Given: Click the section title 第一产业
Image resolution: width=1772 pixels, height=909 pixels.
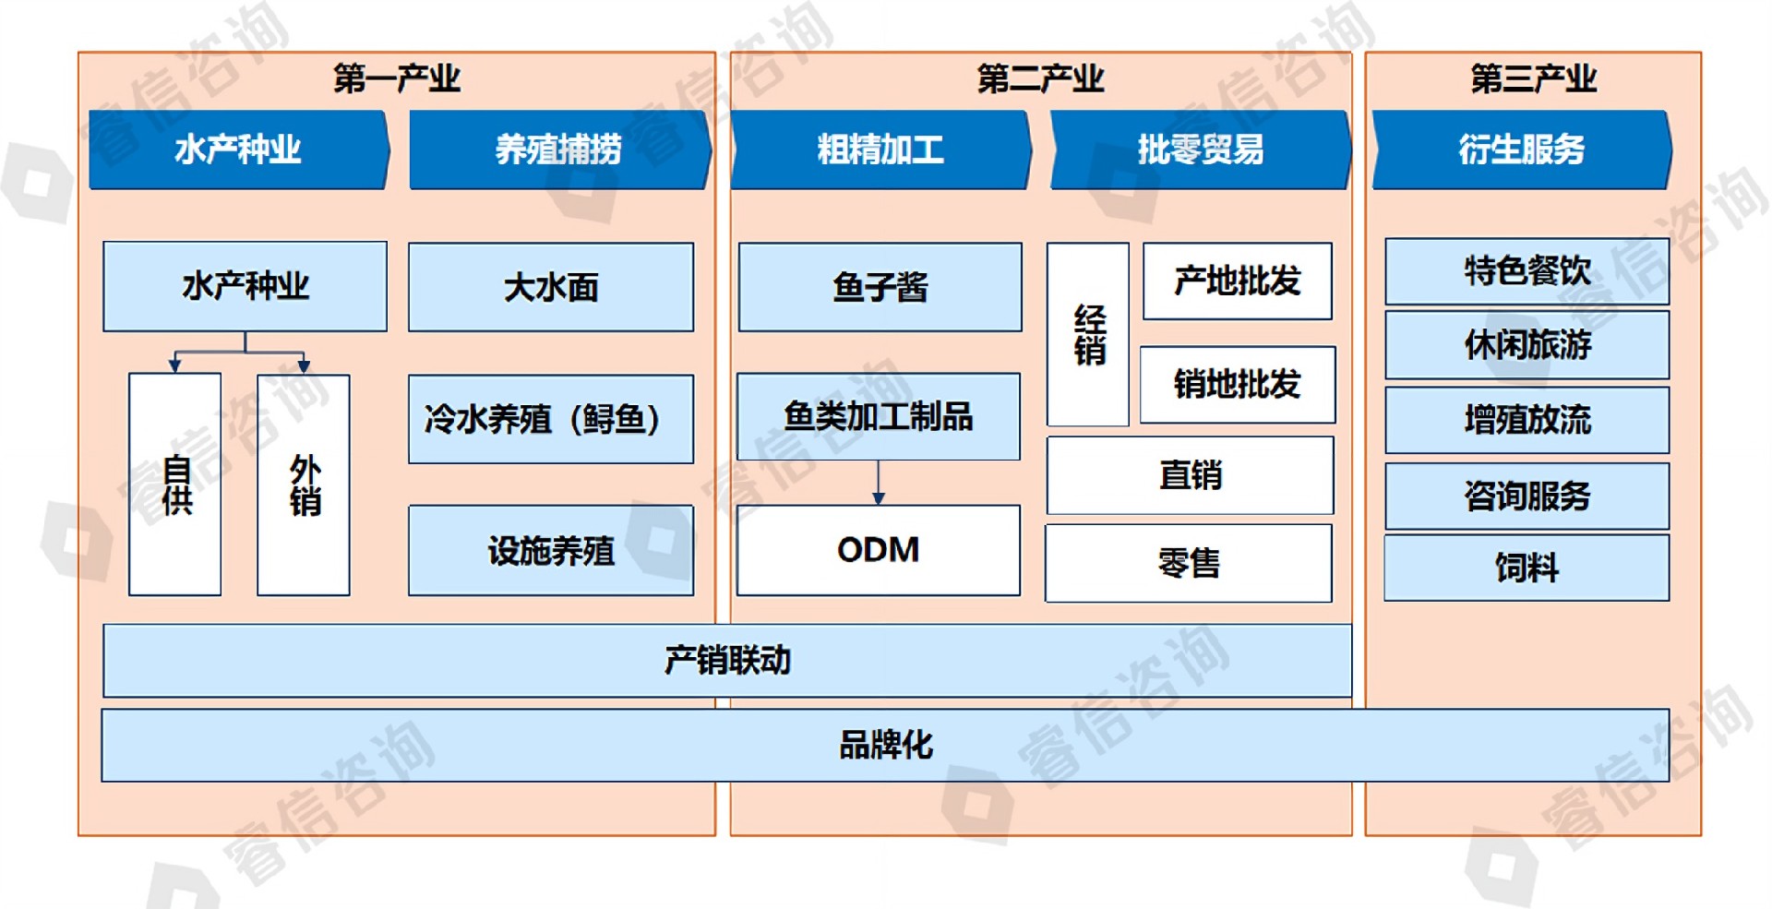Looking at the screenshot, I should pos(397,78).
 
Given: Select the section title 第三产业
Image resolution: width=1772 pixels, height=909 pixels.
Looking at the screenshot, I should pos(1533,78).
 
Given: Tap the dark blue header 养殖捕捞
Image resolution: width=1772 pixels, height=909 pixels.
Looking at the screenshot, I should pos(558,150).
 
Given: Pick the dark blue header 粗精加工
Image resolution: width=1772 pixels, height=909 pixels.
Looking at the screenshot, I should pos(880,150).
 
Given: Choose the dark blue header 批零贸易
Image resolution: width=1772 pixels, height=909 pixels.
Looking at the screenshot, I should pos(1200,150).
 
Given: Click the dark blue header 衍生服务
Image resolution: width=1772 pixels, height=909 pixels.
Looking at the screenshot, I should pos(1521,150).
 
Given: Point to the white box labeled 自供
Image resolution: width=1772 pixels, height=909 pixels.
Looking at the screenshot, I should pos(175,484).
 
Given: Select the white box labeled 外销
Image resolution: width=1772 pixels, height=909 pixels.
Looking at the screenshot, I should pos(304,484).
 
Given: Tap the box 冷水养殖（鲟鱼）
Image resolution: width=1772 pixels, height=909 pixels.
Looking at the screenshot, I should pos(551,419).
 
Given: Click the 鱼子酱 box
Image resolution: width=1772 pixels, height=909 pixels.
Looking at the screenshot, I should pos(880,287).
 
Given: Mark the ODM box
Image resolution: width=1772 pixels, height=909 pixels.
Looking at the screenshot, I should pos(878,550).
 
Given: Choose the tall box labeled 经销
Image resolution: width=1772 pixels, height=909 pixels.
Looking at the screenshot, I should pos(1088,334).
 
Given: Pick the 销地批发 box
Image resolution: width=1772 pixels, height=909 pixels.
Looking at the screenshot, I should pos(1237,385).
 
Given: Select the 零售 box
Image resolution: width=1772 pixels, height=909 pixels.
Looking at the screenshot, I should pos(1189,563).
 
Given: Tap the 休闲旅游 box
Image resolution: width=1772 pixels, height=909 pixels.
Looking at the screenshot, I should pos(1527,345).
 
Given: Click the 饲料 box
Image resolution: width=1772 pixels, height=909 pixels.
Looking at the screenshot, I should pos(1527,568).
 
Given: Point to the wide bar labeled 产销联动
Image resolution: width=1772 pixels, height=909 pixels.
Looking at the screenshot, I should pos(727,661).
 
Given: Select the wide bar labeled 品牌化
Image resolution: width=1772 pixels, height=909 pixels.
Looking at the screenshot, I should pos(885,745).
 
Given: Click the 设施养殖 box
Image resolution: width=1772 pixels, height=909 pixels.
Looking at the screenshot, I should pos(551,551).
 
